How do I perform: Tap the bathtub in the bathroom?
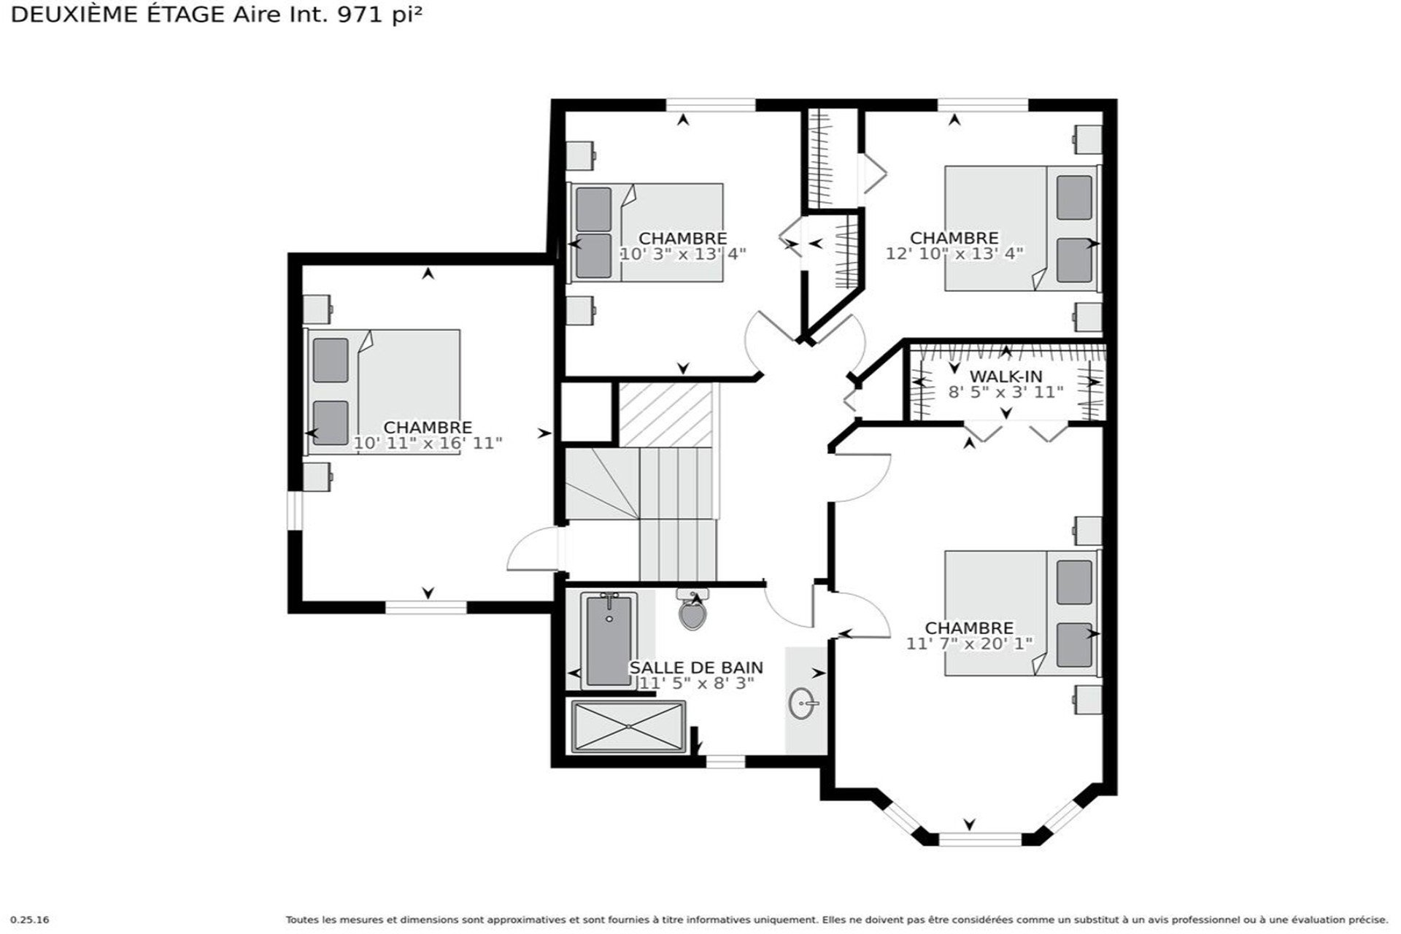coord(609,639)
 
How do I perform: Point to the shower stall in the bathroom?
coord(628,727)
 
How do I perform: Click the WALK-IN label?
coord(1006,377)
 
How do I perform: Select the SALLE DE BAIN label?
coord(696,668)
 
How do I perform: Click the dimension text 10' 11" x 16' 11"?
coord(428,443)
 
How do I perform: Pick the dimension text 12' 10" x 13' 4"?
coord(954,253)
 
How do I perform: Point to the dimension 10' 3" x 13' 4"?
coord(683,254)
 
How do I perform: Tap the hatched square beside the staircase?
coord(665,414)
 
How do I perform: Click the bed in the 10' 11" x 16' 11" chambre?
coord(384,392)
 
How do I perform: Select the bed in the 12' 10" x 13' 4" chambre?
coord(1021,228)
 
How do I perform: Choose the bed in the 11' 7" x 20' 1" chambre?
coord(1021,613)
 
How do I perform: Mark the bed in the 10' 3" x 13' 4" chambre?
coord(647,232)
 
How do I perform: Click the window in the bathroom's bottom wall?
coord(725,762)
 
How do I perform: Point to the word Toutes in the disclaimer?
coord(301,920)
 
